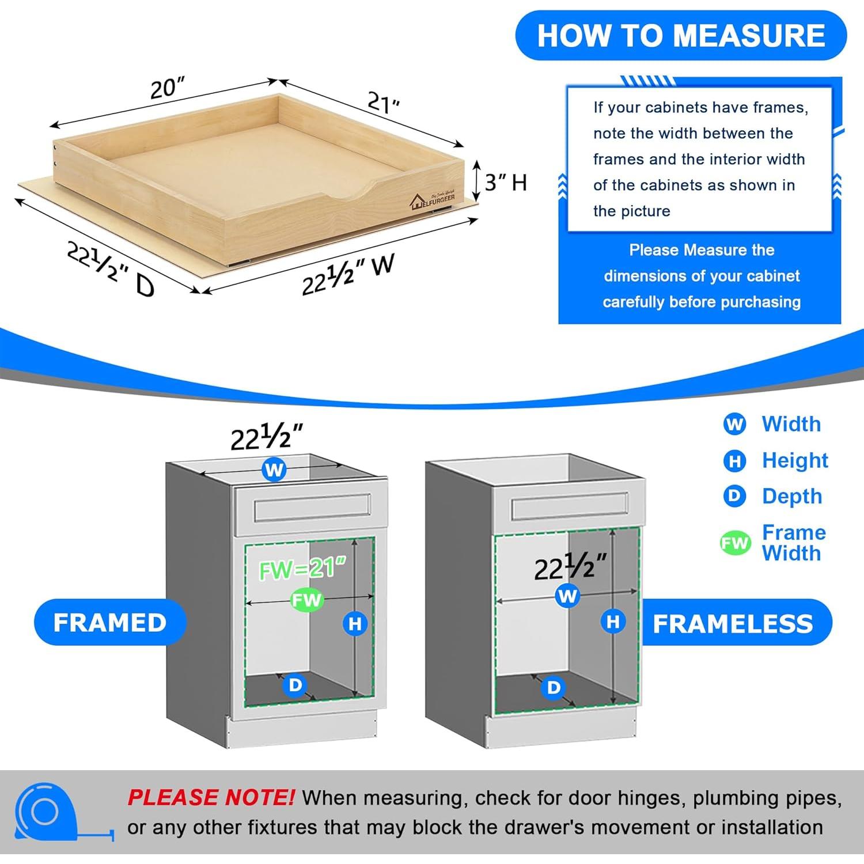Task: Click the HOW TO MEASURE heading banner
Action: click(681, 35)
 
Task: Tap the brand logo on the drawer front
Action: click(432, 200)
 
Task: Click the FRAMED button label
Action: click(110, 623)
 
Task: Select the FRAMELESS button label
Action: click(733, 624)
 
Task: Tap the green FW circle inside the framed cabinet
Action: click(306, 600)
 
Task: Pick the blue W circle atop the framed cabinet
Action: click(274, 470)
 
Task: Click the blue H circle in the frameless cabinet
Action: click(613, 621)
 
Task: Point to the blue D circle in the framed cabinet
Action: click(295, 685)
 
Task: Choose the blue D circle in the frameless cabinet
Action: click(554, 687)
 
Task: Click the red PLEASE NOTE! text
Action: click(211, 798)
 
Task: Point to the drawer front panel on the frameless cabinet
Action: click(569, 507)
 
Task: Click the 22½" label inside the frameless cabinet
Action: click(570, 567)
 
